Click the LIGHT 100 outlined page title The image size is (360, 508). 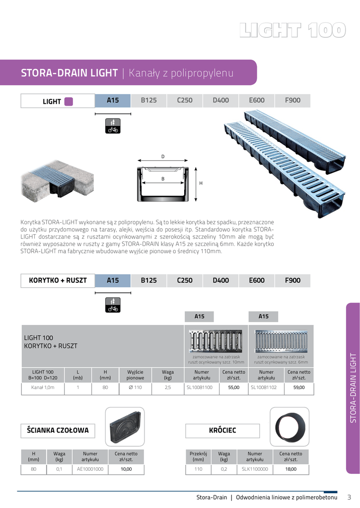tap(292, 30)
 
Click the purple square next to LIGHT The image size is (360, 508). tap(69, 101)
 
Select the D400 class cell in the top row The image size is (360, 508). tap(220, 100)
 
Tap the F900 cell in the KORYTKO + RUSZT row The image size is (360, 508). tap(292, 280)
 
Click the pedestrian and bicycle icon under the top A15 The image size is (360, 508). tap(113, 126)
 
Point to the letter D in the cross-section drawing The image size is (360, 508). tap(162, 157)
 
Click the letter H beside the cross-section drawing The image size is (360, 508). tap(201, 183)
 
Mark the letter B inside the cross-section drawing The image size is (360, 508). tap(162, 179)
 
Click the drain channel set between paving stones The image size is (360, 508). tap(57, 182)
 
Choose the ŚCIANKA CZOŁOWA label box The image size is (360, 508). tap(58, 430)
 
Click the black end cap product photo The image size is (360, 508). tap(125, 427)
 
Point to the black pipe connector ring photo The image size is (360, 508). tap(289, 426)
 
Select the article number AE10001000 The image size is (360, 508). tap(90, 468)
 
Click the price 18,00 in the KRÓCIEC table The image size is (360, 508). tap(290, 468)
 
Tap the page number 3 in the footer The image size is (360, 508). tap(349, 497)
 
